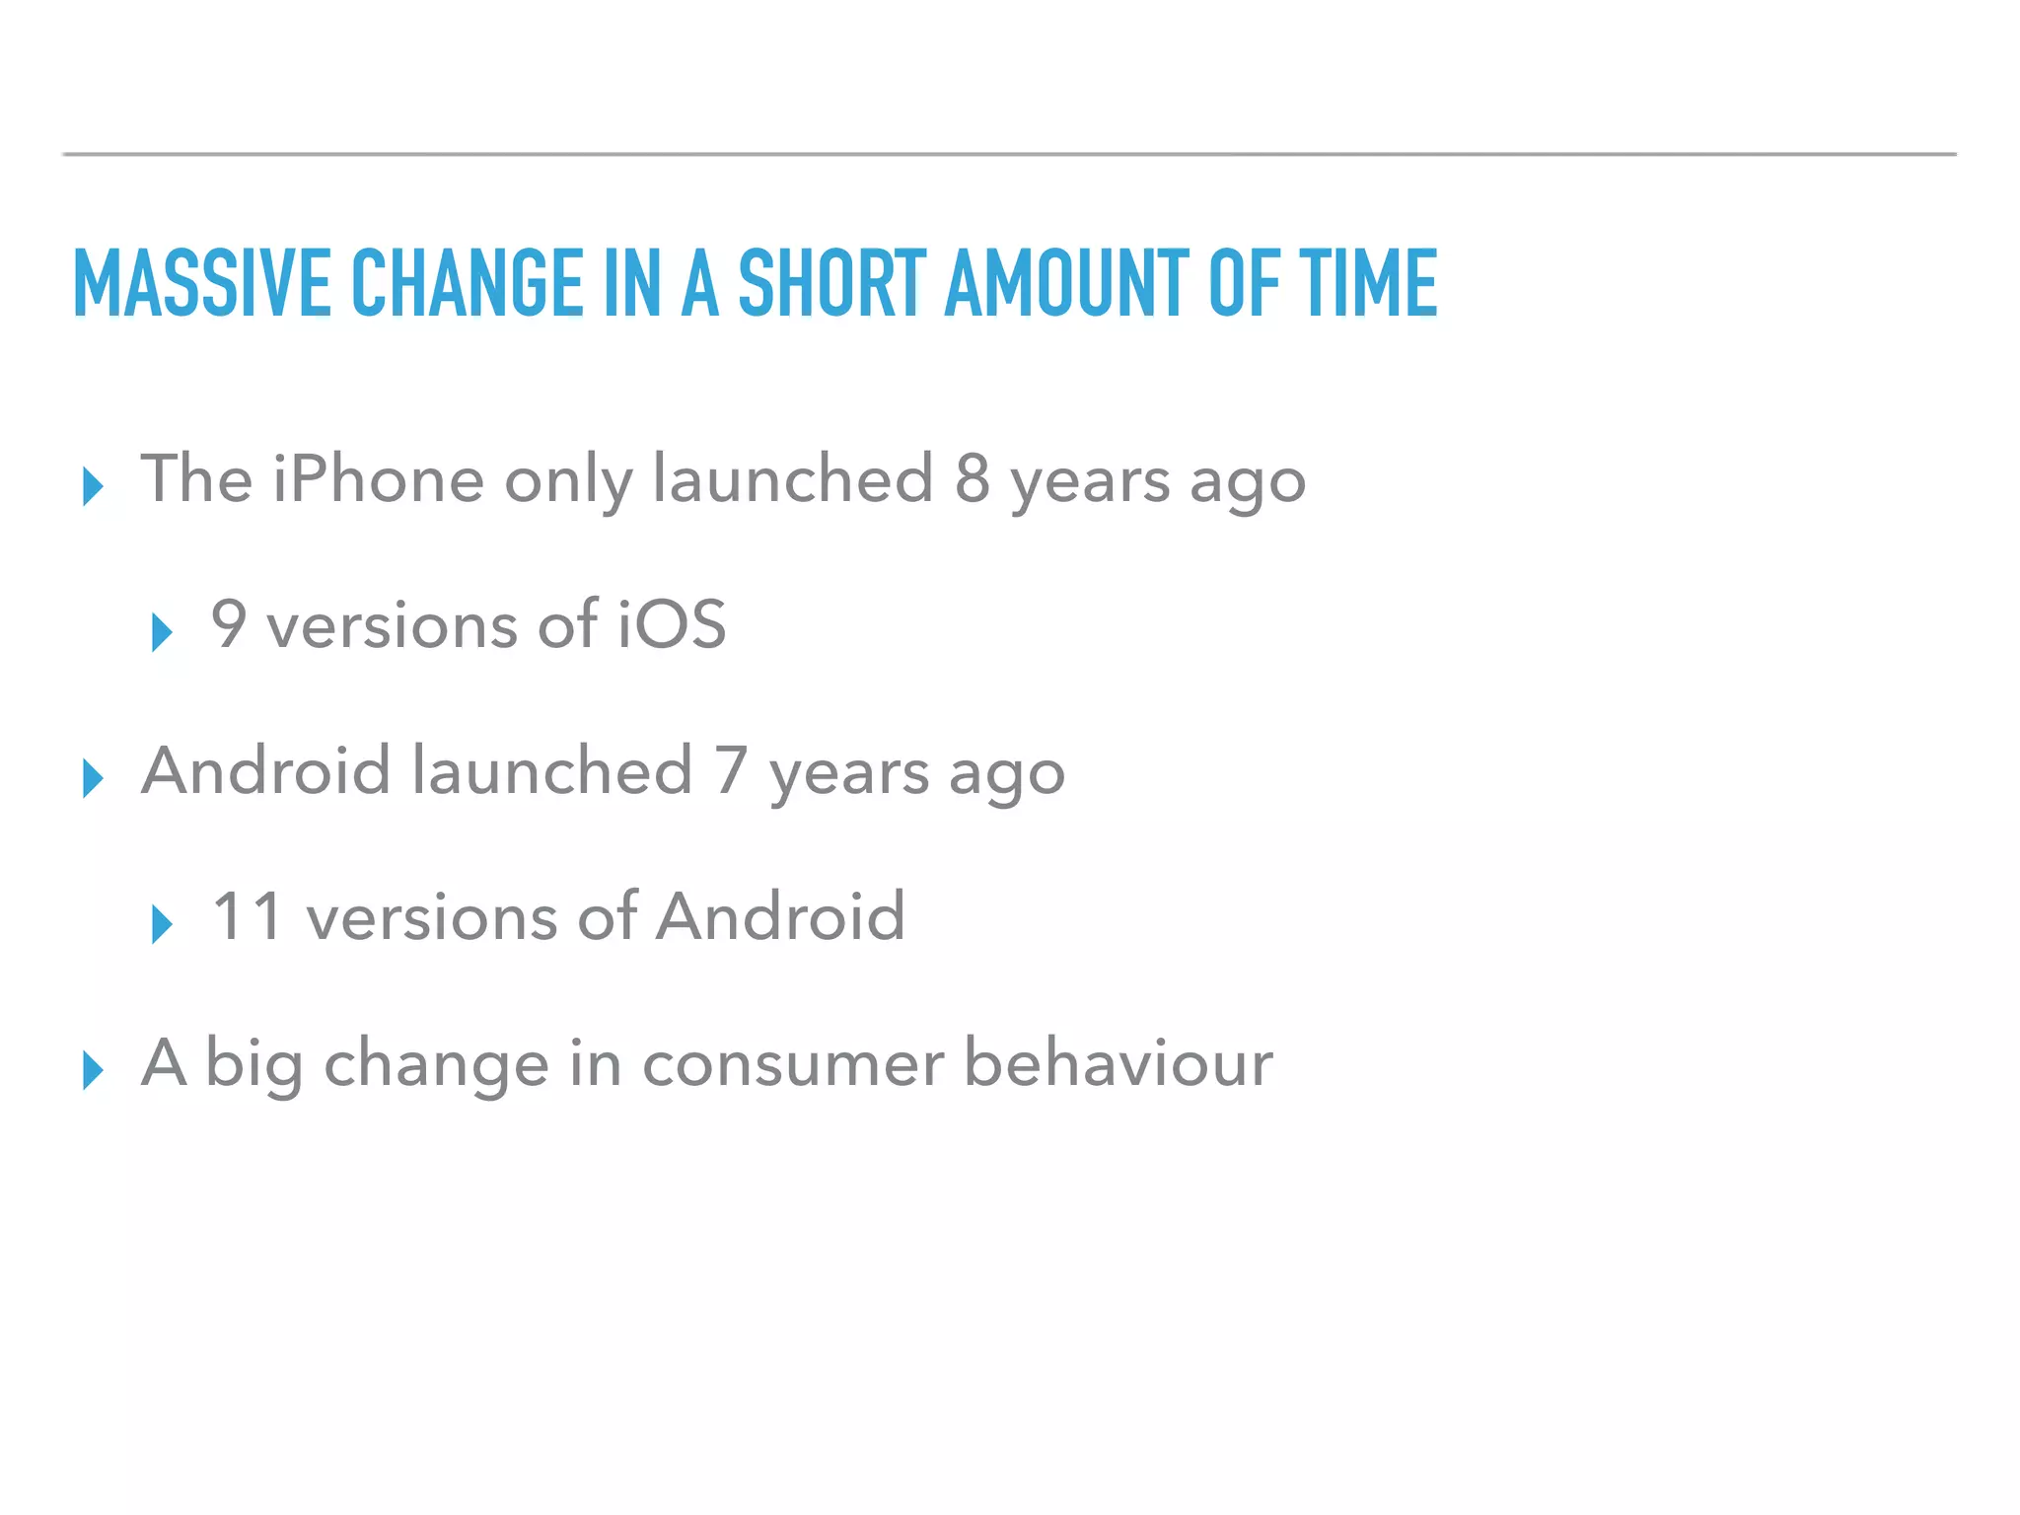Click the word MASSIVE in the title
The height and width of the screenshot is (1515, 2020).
pyautogui.click(x=201, y=283)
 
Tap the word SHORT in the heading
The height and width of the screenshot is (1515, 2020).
pyautogui.click(x=832, y=283)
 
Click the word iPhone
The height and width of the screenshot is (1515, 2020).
pyautogui.click(x=378, y=479)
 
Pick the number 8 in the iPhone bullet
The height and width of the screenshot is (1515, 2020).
pyautogui.click(x=972, y=479)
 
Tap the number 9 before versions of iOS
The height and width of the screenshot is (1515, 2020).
pyautogui.click(x=229, y=624)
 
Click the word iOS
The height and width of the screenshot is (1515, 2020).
pyautogui.click(x=672, y=624)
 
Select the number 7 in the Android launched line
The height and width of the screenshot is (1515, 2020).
pyautogui.click(x=731, y=770)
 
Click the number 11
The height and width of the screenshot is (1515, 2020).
pyautogui.click(x=248, y=916)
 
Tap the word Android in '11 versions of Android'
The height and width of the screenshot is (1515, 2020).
pyautogui.click(x=780, y=916)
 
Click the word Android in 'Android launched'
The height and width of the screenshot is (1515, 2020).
pyautogui.click(x=266, y=770)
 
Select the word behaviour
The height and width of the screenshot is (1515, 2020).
pyautogui.click(x=1118, y=1063)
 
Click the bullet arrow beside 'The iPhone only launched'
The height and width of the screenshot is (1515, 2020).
pyautogui.click(x=93, y=486)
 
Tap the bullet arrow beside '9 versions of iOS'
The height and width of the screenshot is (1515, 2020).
pyautogui.click(x=162, y=632)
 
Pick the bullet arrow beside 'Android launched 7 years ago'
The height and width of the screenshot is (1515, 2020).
pyautogui.click(x=93, y=778)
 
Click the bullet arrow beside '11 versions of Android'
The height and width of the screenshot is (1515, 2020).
pyautogui.click(x=162, y=924)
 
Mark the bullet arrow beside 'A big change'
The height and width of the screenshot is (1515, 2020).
pyautogui.click(x=93, y=1070)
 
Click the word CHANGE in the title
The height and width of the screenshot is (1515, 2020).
pyautogui.click(x=468, y=283)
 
